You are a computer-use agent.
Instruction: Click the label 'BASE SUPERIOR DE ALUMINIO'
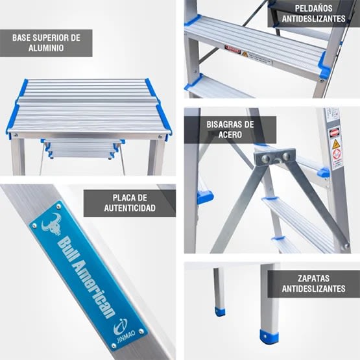(46, 43)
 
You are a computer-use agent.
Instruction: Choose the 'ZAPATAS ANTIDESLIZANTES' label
(313, 283)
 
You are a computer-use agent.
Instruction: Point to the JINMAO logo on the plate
(121, 328)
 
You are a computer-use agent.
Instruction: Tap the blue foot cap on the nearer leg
(269, 336)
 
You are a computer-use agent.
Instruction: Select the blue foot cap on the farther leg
(221, 311)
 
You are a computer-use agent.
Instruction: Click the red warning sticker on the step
(232, 49)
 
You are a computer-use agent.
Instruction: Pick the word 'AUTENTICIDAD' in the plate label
(130, 208)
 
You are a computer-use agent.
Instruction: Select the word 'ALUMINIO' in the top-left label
(46, 49)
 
